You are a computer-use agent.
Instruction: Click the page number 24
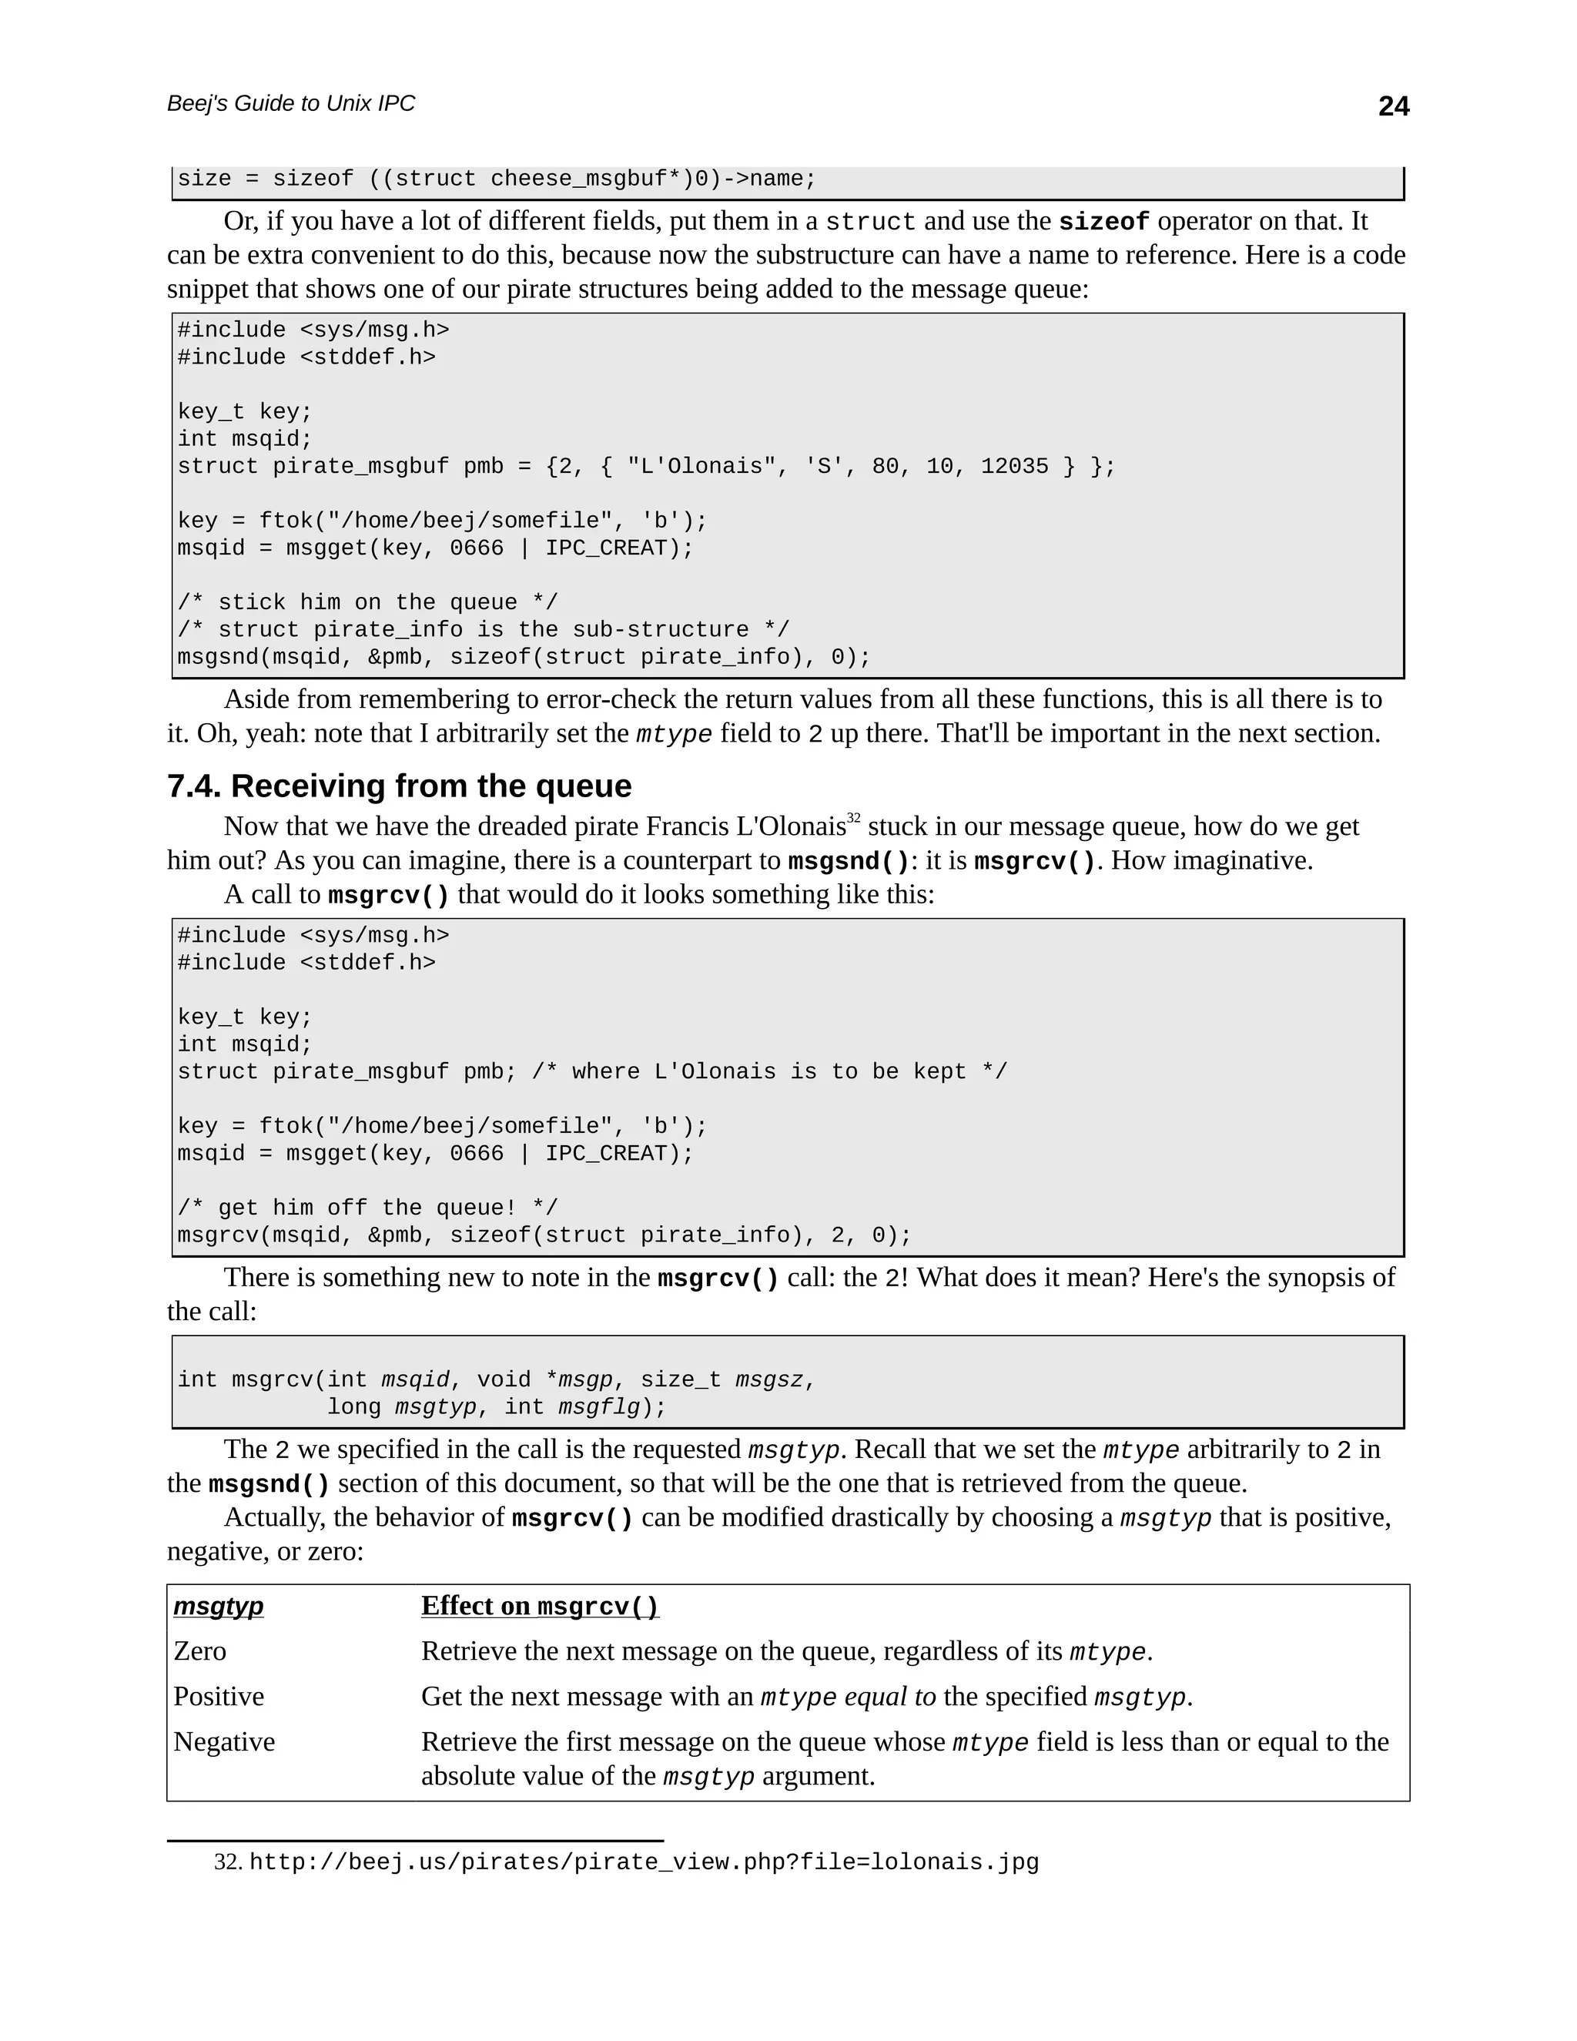click(1393, 106)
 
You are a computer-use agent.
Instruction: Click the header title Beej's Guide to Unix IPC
click(290, 104)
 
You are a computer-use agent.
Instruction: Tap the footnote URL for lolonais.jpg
click(644, 1862)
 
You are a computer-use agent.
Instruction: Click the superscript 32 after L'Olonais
click(853, 818)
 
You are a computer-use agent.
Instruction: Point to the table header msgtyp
click(219, 1606)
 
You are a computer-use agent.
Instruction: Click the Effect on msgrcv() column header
click(539, 1606)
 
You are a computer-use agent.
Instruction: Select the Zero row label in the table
click(200, 1651)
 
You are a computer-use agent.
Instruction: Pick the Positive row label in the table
click(219, 1696)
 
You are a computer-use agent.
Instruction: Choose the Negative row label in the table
click(224, 1742)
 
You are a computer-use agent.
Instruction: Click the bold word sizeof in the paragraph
click(1103, 223)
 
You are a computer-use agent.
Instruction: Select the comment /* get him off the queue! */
click(367, 1208)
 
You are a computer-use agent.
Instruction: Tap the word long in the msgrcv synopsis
click(354, 1406)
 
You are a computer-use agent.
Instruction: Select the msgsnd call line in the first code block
click(523, 657)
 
